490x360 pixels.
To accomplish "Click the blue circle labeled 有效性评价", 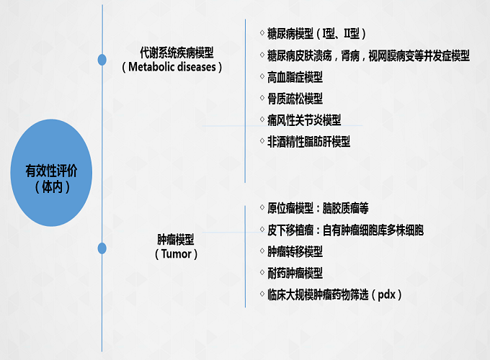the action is pyautogui.click(x=51, y=173).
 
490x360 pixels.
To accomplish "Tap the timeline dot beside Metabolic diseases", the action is pyautogui.click(x=102, y=60).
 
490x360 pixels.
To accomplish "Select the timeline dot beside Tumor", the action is pyautogui.click(x=102, y=248).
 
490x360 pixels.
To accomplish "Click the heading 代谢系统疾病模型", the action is pyautogui.click(x=177, y=53).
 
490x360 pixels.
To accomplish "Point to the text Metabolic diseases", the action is pyautogui.click(x=172, y=67).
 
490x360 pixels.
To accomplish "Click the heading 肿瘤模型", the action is pyautogui.click(x=176, y=240).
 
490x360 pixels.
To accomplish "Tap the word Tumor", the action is pyautogui.click(x=177, y=254).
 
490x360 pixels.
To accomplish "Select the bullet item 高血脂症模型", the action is pyautogui.click(x=295, y=77).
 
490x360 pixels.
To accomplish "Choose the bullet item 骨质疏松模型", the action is pyautogui.click(x=295, y=99).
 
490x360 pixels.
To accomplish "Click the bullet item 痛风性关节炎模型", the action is pyautogui.click(x=304, y=120).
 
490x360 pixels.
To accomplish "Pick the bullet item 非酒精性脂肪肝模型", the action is pyautogui.click(x=308, y=142).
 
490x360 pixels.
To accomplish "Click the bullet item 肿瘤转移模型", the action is pyautogui.click(x=295, y=252).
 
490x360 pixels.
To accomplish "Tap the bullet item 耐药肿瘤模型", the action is pyautogui.click(x=295, y=273).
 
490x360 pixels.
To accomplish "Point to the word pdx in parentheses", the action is pyautogui.click(x=386, y=294).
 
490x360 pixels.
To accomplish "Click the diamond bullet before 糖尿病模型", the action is pyautogui.click(x=262, y=33).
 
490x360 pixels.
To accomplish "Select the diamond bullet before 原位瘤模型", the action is pyautogui.click(x=262, y=207).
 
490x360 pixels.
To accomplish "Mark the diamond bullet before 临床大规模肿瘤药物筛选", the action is pyautogui.click(x=262, y=294).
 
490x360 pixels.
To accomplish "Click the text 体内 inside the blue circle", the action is pyautogui.click(x=52, y=186).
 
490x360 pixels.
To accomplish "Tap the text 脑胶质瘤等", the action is pyautogui.click(x=345, y=208).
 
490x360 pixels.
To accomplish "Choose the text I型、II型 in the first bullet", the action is pyautogui.click(x=341, y=34).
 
